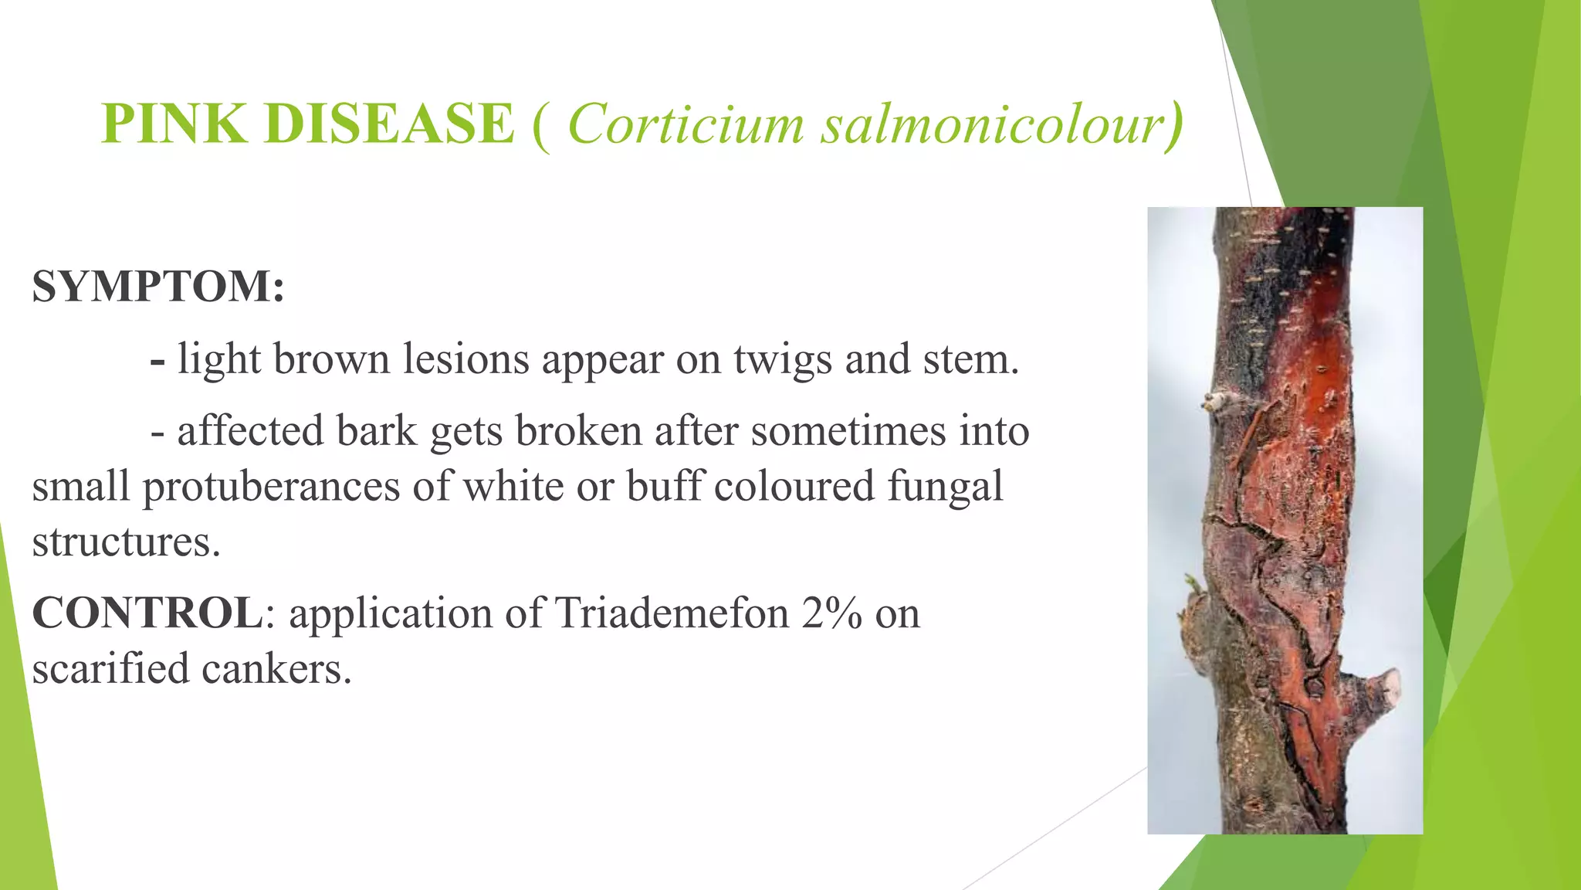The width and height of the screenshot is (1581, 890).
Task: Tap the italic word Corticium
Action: (686, 124)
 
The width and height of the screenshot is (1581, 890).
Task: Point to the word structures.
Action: (127, 542)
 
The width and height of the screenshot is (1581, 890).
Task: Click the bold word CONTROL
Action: (147, 613)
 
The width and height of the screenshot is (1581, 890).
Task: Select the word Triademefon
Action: (672, 613)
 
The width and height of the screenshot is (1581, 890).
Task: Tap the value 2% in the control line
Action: (831, 613)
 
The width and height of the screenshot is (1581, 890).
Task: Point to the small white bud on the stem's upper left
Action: (1216, 401)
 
